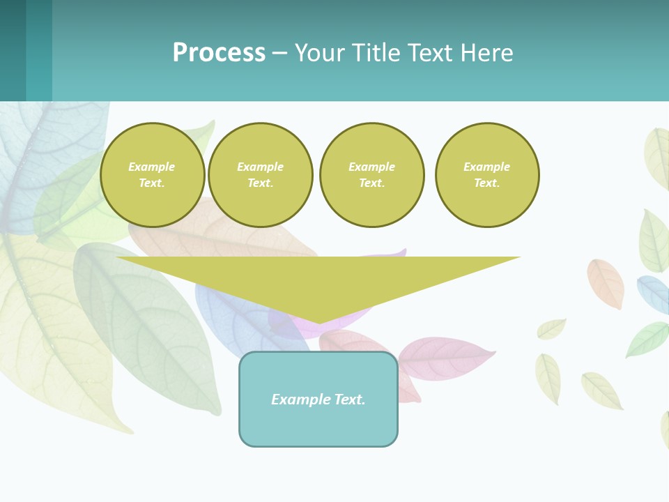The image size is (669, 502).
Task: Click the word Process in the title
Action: tap(219, 53)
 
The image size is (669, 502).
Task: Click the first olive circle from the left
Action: tap(152, 175)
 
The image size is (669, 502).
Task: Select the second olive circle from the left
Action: tap(261, 175)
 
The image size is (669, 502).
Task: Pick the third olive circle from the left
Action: tap(371, 175)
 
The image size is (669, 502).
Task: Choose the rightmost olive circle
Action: tap(487, 175)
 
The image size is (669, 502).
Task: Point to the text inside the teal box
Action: tap(318, 400)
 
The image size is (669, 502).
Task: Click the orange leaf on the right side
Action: tap(605, 283)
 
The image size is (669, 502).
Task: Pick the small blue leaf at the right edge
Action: tap(653, 294)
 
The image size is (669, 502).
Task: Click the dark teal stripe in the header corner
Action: tap(13, 50)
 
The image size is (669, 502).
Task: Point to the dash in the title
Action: tap(279, 53)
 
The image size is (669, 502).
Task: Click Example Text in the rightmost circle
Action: tap(487, 175)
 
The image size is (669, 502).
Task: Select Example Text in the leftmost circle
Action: tap(152, 175)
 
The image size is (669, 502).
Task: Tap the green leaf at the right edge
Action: tap(647, 340)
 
